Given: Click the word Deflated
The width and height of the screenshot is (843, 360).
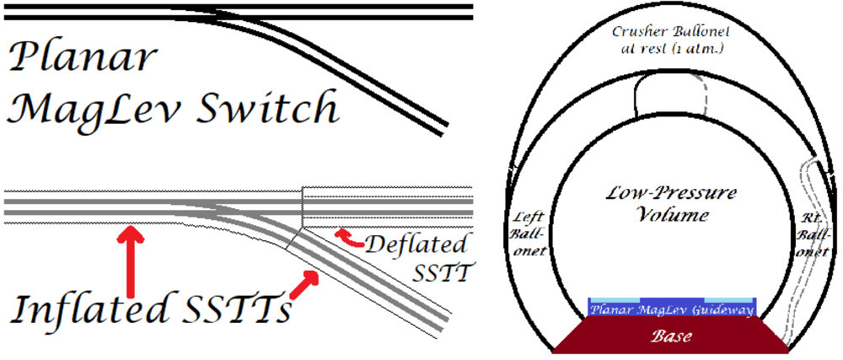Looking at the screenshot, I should (416, 246).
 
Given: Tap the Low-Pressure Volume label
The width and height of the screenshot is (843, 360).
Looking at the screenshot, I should (671, 204).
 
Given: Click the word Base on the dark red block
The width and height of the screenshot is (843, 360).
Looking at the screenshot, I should (672, 336).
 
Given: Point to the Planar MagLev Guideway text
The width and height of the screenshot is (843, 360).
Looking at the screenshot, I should (672, 309).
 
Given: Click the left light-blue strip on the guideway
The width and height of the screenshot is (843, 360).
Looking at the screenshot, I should (614, 300).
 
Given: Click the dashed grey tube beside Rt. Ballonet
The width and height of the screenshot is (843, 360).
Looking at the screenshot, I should (795, 253).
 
